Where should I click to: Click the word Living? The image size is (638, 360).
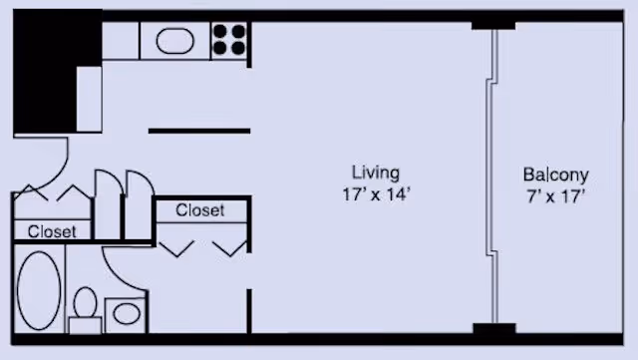click(x=375, y=173)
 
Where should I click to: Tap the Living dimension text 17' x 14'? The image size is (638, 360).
click(x=376, y=194)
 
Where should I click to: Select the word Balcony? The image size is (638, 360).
click(x=556, y=175)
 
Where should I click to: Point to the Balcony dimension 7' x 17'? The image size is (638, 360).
click(x=556, y=196)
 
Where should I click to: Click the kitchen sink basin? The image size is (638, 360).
click(x=175, y=41)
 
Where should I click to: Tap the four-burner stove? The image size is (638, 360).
click(x=229, y=40)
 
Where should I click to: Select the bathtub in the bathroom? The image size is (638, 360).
click(x=39, y=290)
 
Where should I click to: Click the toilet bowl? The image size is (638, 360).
click(x=85, y=302)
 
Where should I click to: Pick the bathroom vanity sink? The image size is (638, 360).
click(x=127, y=314)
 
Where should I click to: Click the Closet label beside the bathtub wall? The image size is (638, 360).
click(x=52, y=231)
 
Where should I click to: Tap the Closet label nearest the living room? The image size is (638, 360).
click(x=199, y=210)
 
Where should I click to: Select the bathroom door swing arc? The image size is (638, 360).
click(x=119, y=274)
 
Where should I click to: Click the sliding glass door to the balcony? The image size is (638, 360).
click(x=492, y=176)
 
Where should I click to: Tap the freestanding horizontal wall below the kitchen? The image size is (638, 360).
click(x=199, y=131)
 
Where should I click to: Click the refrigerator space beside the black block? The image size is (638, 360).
click(x=89, y=99)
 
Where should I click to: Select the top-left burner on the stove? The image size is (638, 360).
click(x=219, y=31)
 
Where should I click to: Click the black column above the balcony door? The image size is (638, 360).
click(x=493, y=25)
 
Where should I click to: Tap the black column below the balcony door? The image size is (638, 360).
click(x=494, y=328)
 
